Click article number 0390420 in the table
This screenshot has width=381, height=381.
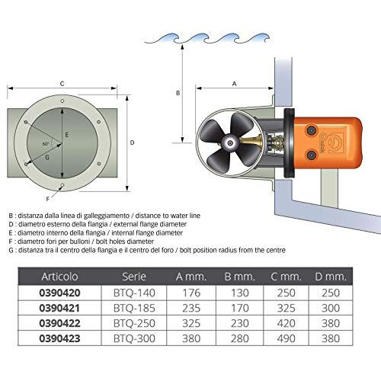coord(59,293)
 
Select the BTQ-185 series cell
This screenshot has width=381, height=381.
coord(134,308)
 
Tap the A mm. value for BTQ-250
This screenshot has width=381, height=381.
coord(191,323)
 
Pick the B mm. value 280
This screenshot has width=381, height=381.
coord(240,338)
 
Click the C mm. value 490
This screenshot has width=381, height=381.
coord(286,338)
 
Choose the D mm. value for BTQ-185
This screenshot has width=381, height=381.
coord(331,308)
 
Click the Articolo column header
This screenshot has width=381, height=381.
coord(59,277)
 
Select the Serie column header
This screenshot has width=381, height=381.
coord(134,277)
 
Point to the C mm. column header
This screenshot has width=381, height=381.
coord(286,277)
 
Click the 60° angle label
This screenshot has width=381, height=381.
coord(46,144)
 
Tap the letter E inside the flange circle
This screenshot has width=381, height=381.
coord(67,135)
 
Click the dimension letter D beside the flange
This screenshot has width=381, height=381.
coord(132,142)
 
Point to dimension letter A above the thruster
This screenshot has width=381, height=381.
coord(234,83)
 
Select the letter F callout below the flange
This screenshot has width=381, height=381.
coord(47,200)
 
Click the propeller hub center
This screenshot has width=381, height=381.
coord(230,143)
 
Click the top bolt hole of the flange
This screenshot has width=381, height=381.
coord(62,101)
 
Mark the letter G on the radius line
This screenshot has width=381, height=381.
coord(47,158)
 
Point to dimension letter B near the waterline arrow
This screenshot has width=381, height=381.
coord(178,93)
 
